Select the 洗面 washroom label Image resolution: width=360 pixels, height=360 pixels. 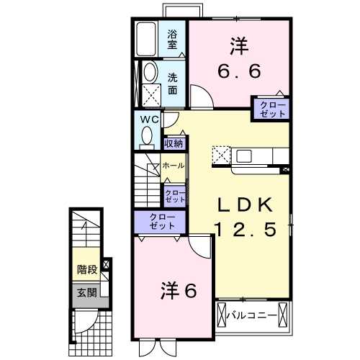(x=173, y=84)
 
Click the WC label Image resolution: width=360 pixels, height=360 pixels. (x=149, y=119)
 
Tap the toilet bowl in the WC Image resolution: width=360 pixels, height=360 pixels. (x=148, y=135)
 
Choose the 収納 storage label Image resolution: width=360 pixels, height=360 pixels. (x=173, y=143)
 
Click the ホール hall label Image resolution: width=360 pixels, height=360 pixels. (x=174, y=165)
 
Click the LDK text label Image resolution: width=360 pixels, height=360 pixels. (x=246, y=206)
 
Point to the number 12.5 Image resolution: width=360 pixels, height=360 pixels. (x=245, y=230)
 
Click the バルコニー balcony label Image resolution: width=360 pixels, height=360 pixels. (x=254, y=315)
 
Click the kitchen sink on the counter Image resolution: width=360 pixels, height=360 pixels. (x=243, y=156)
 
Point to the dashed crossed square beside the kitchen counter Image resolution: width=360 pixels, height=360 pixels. (x=221, y=156)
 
